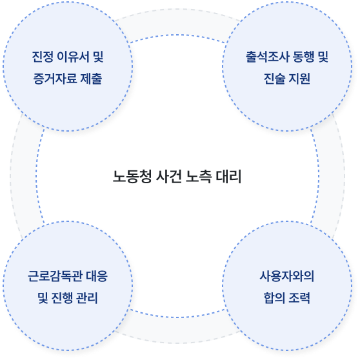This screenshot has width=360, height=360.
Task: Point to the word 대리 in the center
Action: [228, 177]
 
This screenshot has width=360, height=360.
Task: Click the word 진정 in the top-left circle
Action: [43, 57]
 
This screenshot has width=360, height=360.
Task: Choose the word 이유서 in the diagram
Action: [73, 57]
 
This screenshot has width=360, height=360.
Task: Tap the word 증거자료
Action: [55, 79]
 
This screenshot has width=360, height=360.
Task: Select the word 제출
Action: [91, 79]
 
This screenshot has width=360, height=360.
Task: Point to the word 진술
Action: [274, 79]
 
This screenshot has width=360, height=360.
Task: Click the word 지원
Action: [299, 79]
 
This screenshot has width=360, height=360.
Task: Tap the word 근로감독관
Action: [55, 276]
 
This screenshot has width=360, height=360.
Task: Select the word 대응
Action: [97, 276]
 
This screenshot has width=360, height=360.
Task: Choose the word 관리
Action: [87, 298]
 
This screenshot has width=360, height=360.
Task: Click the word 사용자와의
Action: [286, 276]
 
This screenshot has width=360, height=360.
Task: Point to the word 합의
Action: [274, 298]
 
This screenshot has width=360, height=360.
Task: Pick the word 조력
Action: [299, 298]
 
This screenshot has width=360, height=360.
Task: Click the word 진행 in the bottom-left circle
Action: [62, 298]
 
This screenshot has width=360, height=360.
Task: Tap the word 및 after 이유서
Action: [98, 57]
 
